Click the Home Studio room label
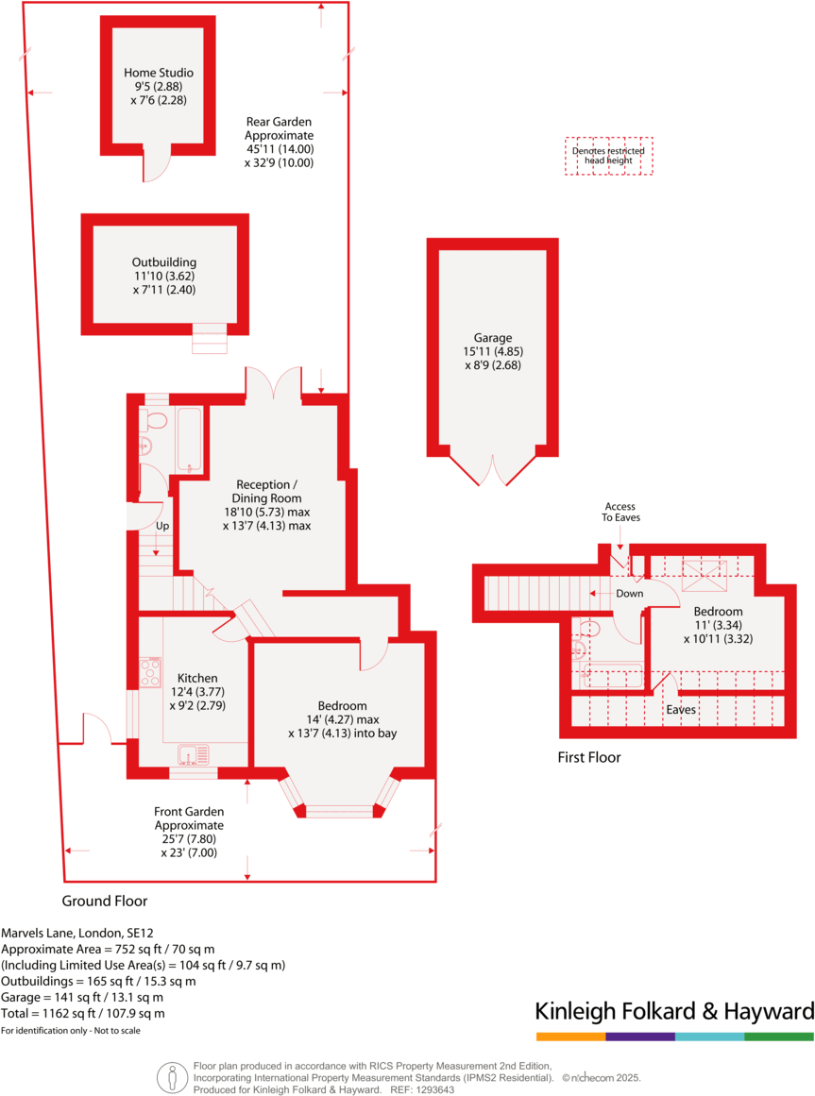[159, 73]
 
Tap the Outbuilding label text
[164, 262]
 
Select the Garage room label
[493, 338]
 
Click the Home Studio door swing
[155, 167]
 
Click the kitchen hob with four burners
[149, 672]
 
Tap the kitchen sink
[195, 755]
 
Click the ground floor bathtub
[190, 439]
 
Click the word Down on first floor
[629, 594]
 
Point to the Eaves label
[682, 709]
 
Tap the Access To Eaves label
[620, 512]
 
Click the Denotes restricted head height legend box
[608, 156]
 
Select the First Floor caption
[589, 757]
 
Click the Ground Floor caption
[105, 901]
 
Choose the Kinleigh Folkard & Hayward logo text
[674, 1012]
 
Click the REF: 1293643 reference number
[421, 1089]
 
